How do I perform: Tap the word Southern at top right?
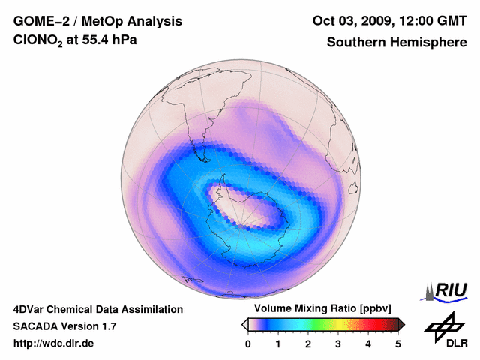(x=353, y=43)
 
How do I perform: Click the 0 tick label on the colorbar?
(x=248, y=343)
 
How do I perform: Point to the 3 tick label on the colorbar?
(x=338, y=343)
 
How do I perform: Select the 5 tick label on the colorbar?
(x=398, y=343)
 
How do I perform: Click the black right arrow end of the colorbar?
(x=401, y=324)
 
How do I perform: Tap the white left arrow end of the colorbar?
(x=245, y=324)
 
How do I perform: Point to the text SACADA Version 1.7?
(x=64, y=326)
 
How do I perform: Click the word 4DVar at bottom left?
(x=31, y=309)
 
